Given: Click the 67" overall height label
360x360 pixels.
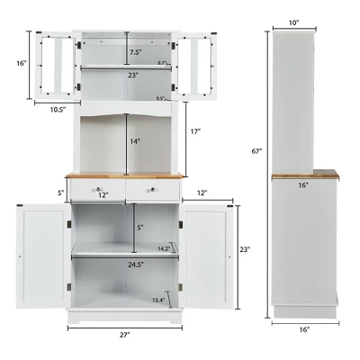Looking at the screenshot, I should coord(256,152).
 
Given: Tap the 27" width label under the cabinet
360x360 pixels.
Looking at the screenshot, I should coord(125,336).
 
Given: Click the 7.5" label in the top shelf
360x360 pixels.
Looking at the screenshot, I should coord(133,52).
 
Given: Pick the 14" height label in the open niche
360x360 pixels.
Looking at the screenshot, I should coord(133,141).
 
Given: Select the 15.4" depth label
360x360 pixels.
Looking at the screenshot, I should coord(158,301).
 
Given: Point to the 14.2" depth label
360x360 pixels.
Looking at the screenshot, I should coord(163,247).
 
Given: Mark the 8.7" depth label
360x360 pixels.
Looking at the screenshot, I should coord(162,63).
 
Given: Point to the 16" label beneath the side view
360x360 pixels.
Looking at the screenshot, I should coord(303,330).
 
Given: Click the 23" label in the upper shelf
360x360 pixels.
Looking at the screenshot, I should coord(133,76).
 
